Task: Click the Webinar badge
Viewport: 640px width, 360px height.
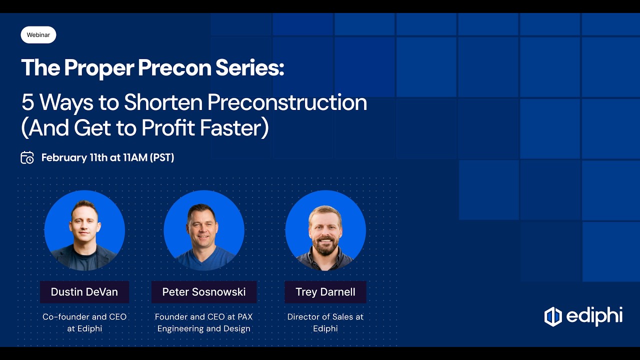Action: point(38,35)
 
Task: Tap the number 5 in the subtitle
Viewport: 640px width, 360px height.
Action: point(27,102)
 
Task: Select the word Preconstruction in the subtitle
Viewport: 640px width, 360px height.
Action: point(287,102)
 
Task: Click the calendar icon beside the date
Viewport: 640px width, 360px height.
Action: point(27,157)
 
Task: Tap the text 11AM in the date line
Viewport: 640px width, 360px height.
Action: point(135,157)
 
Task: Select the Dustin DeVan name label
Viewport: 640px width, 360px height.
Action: point(84,292)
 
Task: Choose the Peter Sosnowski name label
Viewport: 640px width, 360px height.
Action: point(204,292)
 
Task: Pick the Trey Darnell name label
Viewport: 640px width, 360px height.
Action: point(325,292)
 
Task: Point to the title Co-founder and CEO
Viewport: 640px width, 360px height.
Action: point(84,316)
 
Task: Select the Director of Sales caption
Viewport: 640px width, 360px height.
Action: point(325,316)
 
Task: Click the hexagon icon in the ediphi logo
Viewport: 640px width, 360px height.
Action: point(553,316)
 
